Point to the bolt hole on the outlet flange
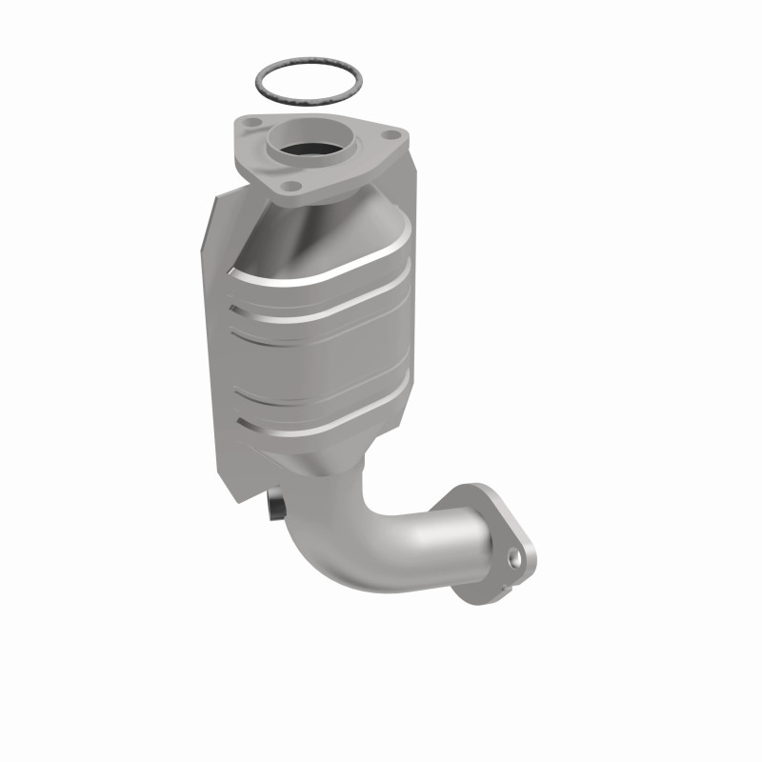pyautogui.click(x=514, y=556)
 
